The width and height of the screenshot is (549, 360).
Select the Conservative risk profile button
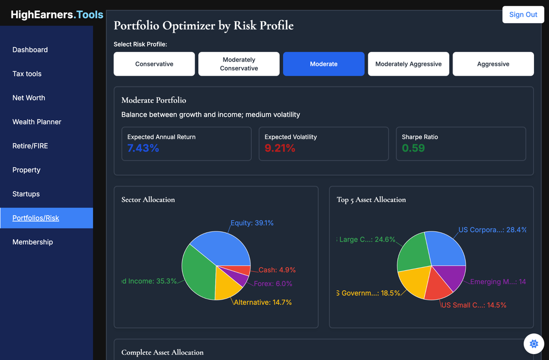pyautogui.click(x=154, y=64)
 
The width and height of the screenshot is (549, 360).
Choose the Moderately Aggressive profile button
pyautogui.click(x=409, y=64)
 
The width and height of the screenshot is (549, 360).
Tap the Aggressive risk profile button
pyautogui.click(x=493, y=64)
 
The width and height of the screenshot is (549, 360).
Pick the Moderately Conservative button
pyautogui.click(x=239, y=64)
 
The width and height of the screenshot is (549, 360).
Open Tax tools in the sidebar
pyautogui.click(x=27, y=74)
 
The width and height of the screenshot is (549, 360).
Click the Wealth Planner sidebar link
pyautogui.click(x=37, y=122)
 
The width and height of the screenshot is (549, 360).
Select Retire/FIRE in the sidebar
pyautogui.click(x=30, y=146)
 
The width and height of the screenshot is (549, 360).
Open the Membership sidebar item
pyautogui.click(x=33, y=242)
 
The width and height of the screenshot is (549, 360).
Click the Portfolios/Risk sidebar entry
pyautogui.click(x=36, y=218)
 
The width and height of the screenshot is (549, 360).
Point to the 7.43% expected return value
pyautogui.click(x=143, y=148)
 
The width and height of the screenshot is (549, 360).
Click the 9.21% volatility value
pyautogui.click(x=280, y=148)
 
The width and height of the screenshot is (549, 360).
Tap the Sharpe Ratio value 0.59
pyautogui.click(x=413, y=148)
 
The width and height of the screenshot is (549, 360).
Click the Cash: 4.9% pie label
pyautogui.click(x=277, y=270)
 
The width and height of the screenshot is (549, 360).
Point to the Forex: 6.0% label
pyautogui.click(x=273, y=283)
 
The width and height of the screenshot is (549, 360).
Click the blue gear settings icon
pyautogui.click(x=533, y=344)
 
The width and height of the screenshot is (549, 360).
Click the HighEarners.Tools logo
pyautogui.click(x=57, y=15)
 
